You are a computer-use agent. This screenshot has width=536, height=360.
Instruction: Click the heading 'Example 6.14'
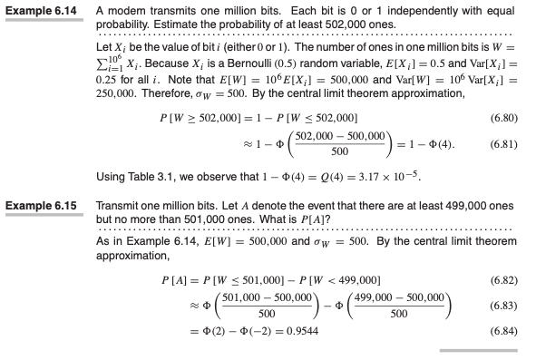41,10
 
